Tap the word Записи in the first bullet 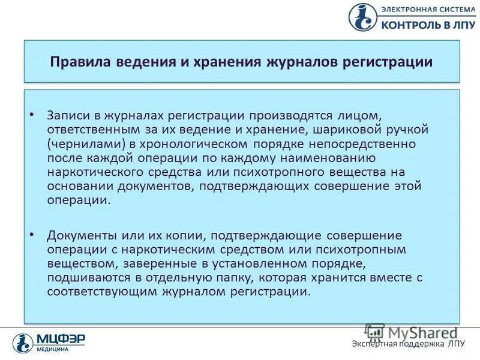pos(67,115)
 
